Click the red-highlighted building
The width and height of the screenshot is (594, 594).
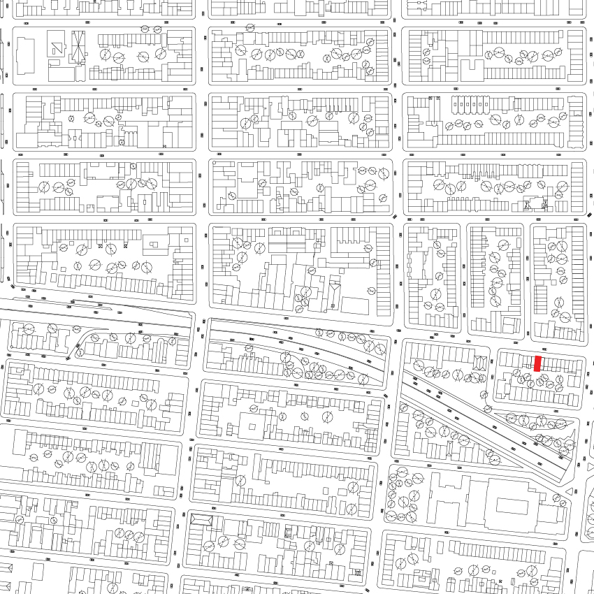click(x=537, y=363)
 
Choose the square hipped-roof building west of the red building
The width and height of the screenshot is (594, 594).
click(x=479, y=362)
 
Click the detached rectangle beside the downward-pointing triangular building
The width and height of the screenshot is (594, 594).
click(x=354, y=305)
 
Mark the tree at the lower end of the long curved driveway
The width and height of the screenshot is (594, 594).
click(x=80, y=352)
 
